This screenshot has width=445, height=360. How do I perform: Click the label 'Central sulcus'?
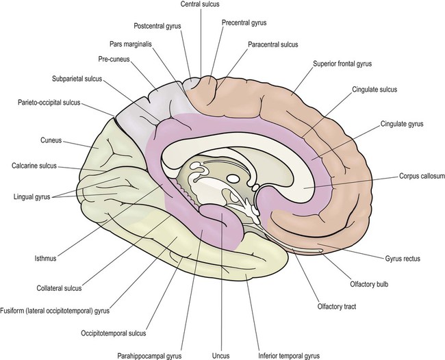(x=200, y=5)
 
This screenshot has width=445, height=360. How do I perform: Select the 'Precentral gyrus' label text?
(x=244, y=23)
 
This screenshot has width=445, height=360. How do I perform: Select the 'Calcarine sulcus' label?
(x=38, y=166)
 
